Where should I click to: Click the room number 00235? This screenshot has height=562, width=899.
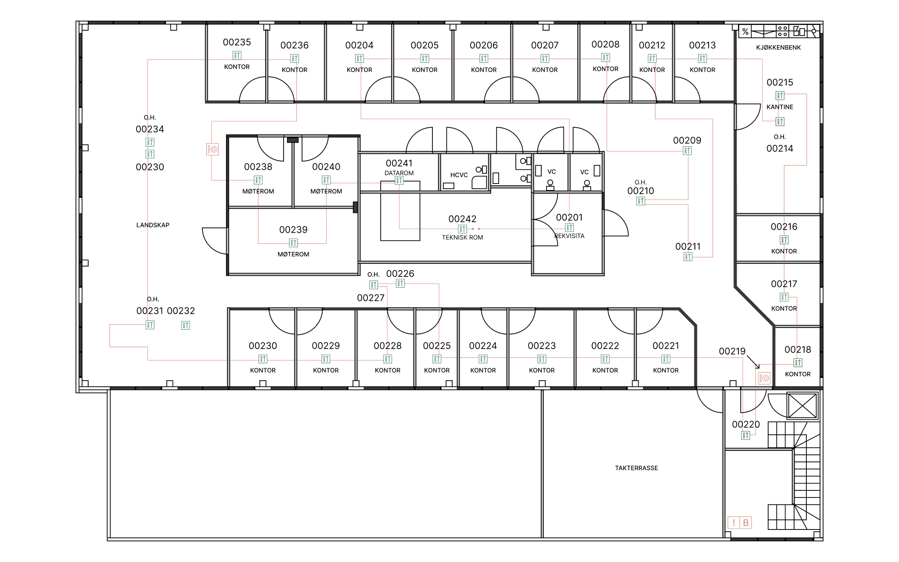(237, 42)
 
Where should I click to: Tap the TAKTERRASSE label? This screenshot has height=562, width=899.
(636, 468)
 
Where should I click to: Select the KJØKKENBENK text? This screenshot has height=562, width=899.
(778, 47)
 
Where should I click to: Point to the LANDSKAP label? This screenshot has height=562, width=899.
(153, 225)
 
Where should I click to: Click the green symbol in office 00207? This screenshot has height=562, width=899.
(545, 58)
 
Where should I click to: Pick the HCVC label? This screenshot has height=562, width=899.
(459, 175)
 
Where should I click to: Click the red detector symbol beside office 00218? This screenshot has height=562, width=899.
(764, 378)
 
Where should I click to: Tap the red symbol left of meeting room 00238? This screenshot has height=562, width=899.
(212, 149)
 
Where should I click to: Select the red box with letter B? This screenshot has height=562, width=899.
(746, 522)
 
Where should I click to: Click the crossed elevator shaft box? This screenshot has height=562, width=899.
(802, 406)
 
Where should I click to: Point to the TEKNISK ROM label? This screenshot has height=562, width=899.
(462, 238)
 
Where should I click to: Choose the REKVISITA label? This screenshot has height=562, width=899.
(569, 236)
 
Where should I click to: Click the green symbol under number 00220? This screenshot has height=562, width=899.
(746, 436)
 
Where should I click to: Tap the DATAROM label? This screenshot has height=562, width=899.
(399, 173)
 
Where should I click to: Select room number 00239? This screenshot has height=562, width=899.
(293, 230)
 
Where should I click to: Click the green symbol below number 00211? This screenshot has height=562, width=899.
(688, 257)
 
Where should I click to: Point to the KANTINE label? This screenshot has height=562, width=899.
(780, 107)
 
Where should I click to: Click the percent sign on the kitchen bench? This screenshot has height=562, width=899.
(745, 32)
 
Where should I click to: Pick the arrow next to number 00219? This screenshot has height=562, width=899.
(753, 362)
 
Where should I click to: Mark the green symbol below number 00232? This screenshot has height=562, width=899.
(186, 325)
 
